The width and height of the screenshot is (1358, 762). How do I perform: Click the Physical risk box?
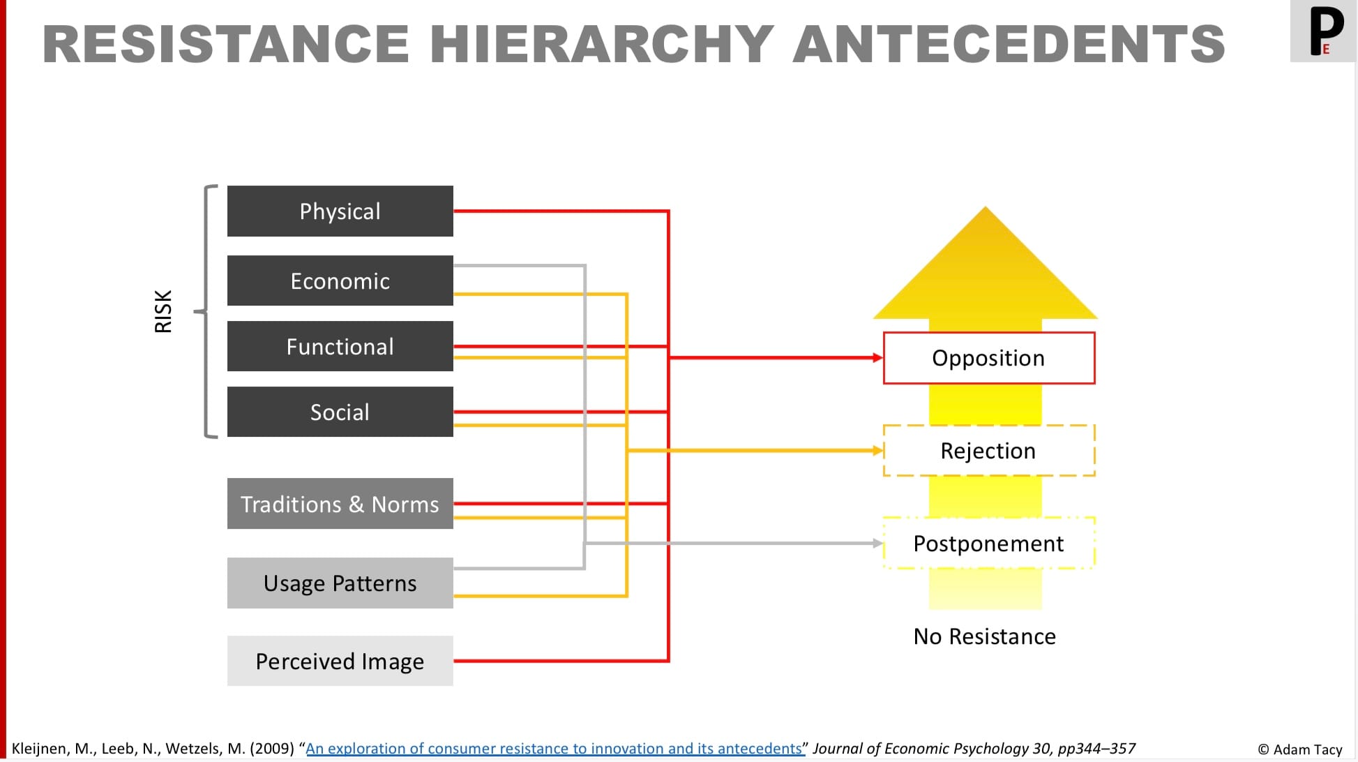pyautogui.click(x=340, y=211)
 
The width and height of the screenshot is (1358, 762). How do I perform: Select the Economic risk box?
pyautogui.click(x=340, y=281)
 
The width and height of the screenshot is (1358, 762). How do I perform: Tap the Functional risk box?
pyautogui.click(x=340, y=346)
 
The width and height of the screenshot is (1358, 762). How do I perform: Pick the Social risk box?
pyautogui.click(x=340, y=412)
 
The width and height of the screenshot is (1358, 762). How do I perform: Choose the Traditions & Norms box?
pyautogui.click(x=340, y=503)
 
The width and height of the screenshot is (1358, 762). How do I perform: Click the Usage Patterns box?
pyautogui.click(x=340, y=583)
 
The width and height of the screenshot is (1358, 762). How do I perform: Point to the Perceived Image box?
pyautogui.click(x=340, y=661)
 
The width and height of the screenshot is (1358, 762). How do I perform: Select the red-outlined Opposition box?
pyautogui.click(x=988, y=358)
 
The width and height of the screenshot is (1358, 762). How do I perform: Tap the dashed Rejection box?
pyautogui.click(x=988, y=451)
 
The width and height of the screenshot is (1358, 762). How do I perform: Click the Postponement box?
pyautogui.click(x=988, y=543)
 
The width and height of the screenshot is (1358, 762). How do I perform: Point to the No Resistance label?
pyautogui.click(x=984, y=636)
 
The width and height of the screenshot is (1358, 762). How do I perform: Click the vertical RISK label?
pyautogui.click(x=163, y=311)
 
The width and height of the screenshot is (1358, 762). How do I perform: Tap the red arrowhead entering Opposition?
pyautogui.click(x=877, y=358)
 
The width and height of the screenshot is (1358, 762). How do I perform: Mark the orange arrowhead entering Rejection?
pyautogui.click(x=877, y=451)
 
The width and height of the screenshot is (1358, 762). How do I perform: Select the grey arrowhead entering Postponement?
pyautogui.click(x=877, y=543)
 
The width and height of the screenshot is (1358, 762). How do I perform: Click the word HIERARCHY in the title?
pyautogui.click(x=601, y=44)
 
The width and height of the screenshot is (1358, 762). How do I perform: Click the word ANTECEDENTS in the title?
pyautogui.click(x=1009, y=44)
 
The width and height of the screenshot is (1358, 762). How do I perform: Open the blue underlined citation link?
pyautogui.click(x=554, y=748)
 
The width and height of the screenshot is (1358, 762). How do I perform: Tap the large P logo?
pyautogui.click(x=1325, y=30)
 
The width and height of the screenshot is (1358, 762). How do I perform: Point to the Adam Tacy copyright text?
pyautogui.click(x=1300, y=749)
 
